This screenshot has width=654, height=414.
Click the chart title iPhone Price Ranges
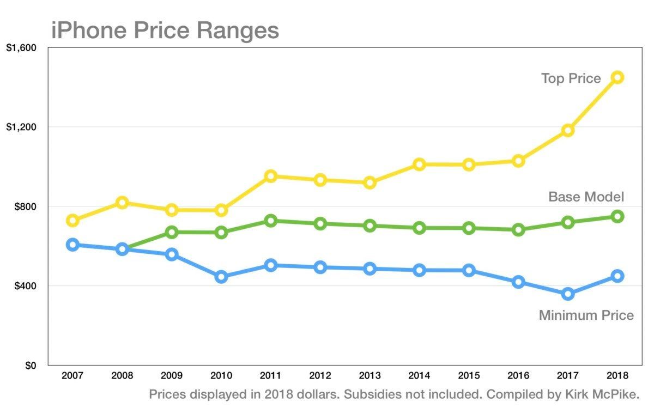coord(165,30)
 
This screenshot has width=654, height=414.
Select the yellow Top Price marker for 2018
coord(617,77)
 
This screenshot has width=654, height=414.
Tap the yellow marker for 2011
coord(271,176)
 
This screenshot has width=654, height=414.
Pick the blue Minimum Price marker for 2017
coord(567,294)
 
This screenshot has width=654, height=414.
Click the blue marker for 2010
coord(221,277)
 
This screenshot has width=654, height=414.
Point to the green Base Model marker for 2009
coord(172,233)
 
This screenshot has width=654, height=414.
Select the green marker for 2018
coord(617,216)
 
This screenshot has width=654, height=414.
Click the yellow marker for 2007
coord(73,221)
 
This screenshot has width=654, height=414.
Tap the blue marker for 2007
coord(73,245)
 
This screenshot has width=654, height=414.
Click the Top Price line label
coord(571,78)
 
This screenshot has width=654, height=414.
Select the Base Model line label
coord(586,197)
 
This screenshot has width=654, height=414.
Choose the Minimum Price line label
coord(586,315)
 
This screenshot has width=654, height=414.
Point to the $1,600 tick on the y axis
coord(21,48)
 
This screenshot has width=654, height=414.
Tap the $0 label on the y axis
coord(29,366)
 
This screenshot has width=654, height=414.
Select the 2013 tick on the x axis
coord(370,376)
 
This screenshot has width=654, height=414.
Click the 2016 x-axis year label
coord(518,376)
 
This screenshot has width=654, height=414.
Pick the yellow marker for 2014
coord(419,164)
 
